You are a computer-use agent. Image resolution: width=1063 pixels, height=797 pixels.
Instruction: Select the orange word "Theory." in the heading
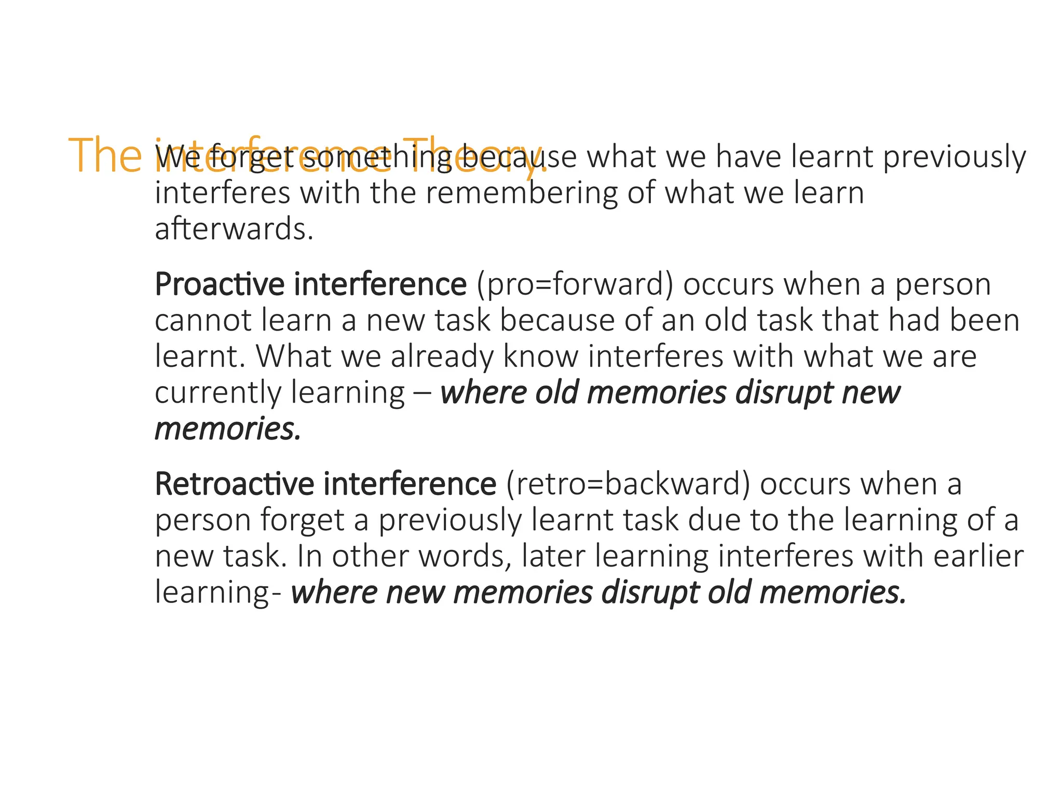475,156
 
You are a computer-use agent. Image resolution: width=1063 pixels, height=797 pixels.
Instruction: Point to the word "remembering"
522,193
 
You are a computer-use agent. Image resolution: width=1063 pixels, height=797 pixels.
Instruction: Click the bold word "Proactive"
220,284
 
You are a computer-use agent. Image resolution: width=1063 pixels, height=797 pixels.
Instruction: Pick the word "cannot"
203,320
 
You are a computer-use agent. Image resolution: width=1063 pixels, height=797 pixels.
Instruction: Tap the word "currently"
218,393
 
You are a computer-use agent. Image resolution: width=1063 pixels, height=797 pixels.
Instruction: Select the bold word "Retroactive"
235,484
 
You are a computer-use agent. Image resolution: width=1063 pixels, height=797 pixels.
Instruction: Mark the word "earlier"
978,556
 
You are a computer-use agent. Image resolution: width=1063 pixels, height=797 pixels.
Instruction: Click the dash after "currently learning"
421,393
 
